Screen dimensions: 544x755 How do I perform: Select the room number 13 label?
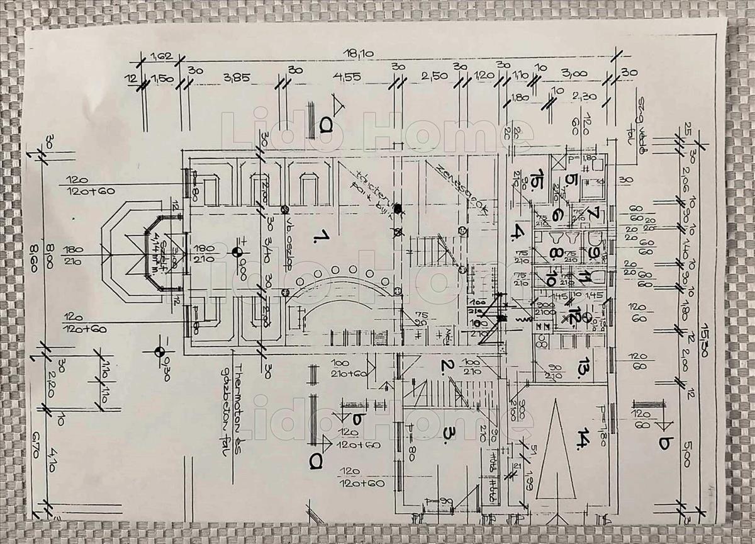(584, 367)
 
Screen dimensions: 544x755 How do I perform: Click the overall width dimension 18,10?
(364, 55)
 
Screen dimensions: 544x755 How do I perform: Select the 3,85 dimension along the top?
(237, 78)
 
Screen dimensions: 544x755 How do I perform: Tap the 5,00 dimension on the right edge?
(685, 453)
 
